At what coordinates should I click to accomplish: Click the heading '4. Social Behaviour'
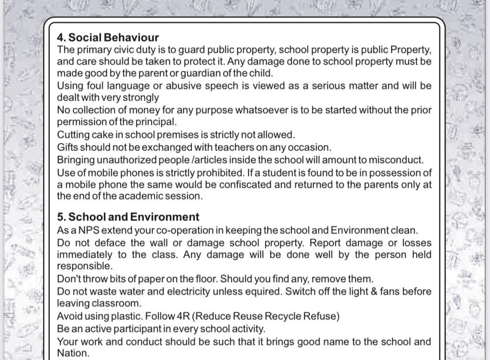click(108, 37)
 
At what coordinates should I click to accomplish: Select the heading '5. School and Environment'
click(128, 217)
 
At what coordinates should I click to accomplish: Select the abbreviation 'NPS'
click(89, 230)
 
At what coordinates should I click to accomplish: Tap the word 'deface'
click(111, 242)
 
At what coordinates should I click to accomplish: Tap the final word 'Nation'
click(72, 354)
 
